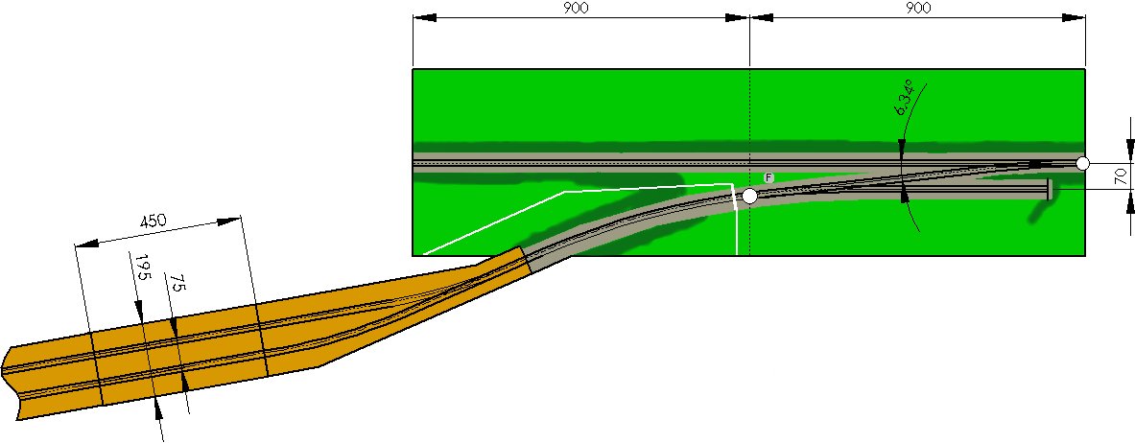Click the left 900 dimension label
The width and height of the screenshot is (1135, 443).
tap(575, 8)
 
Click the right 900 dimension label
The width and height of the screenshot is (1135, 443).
tap(917, 8)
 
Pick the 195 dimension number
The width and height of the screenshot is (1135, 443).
tap(141, 268)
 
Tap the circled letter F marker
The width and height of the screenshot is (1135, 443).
tap(768, 178)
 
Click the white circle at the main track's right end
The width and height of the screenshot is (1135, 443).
tap(1082, 164)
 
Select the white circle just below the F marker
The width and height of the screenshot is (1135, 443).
tap(750, 196)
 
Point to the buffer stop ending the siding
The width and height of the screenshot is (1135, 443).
tap(1048, 190)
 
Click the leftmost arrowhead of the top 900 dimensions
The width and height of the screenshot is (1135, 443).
tap(424, 17)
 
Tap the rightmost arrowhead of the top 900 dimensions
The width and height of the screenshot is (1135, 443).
tap(1074, 17)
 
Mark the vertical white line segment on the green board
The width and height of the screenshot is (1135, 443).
tap(736, 221)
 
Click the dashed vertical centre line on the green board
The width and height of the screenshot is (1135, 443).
tap(750, 163)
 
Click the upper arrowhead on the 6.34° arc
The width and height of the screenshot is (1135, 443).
tap(901, 147)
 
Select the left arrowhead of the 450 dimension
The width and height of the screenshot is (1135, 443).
tap(87, 244)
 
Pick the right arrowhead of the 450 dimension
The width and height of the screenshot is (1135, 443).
tap(229, 221)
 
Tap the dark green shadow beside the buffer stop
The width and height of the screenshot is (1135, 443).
tap(1041, 210)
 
